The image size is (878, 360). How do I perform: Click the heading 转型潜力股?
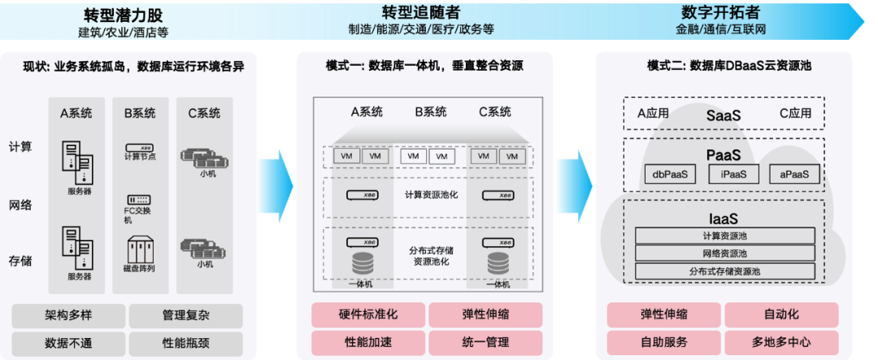coord(123,14)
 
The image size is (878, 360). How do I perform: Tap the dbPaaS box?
coord(664,173)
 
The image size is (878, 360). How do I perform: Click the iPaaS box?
coord(728,173)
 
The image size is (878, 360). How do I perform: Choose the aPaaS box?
coord(793,173)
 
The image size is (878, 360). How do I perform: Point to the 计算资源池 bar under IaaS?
coord(724,236)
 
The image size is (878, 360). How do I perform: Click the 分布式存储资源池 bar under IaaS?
coord(724,271)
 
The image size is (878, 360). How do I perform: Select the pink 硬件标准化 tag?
coord(367,314)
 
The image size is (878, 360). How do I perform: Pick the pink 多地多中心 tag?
coord(780,342)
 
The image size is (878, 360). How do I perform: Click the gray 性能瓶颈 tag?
coord(185,342)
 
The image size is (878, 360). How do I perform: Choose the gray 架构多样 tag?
coord(68,314)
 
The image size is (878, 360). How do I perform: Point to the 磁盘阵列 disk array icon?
coord(140,249)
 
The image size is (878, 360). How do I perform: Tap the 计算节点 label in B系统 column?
coord(140,156)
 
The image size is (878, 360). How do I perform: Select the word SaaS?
coord(724,115)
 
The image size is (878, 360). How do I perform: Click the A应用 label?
coord(652,113)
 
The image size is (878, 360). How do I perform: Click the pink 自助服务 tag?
coord(663,342)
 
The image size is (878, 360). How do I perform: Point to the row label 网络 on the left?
coord(20,205)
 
